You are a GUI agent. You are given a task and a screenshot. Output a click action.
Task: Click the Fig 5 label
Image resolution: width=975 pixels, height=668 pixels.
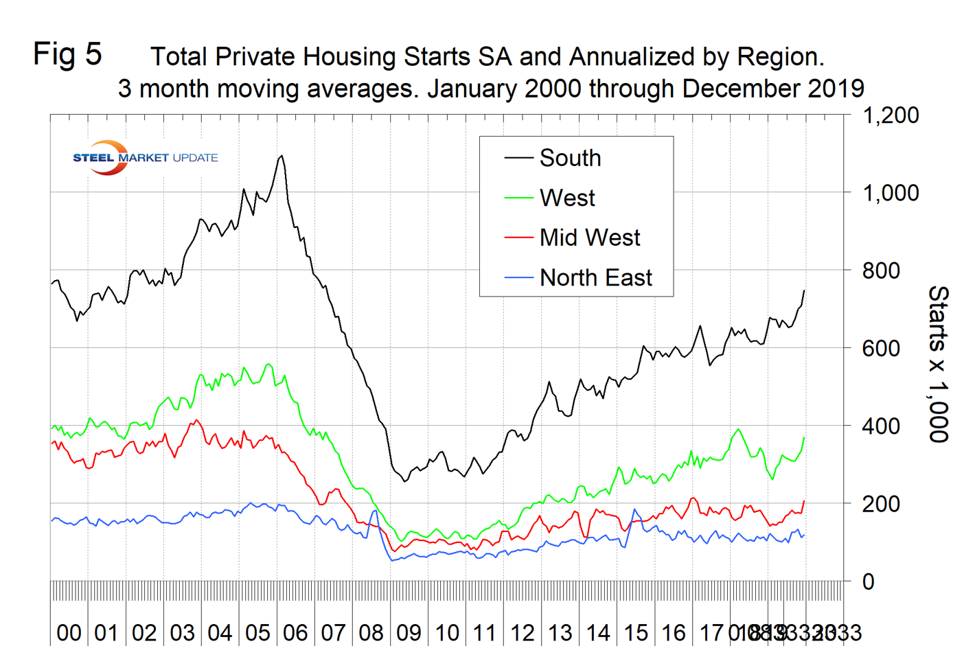(67, 54)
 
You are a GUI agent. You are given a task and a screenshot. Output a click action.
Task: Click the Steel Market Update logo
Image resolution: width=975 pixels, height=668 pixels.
(145, 158)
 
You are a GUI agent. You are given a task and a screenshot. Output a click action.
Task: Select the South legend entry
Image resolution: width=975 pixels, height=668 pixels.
(570, 159)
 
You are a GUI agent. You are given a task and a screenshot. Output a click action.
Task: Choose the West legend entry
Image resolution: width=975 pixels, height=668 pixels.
(567, 198)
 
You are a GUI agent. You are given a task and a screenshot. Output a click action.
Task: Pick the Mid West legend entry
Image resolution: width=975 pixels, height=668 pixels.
(589, 238)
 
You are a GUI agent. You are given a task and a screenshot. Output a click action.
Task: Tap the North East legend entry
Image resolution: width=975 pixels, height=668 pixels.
(595, 278)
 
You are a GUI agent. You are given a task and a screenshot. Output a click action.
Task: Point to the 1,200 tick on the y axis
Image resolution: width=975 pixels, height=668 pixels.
(890, 115)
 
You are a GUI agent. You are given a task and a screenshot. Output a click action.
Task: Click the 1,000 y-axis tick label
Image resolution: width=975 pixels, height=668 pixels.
(890, 193)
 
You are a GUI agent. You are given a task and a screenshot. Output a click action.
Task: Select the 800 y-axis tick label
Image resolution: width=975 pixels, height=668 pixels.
(881, 270)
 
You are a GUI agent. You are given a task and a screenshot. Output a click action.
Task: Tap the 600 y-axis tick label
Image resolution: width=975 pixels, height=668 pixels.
(881, 348)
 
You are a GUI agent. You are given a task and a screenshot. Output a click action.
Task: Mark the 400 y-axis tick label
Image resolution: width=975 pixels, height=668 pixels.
(881, 426)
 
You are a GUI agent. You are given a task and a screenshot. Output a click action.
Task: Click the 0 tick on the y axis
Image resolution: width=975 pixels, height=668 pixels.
(869, 581)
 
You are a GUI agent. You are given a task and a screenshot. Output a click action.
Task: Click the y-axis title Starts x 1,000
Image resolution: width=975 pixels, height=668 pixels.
(939, 364)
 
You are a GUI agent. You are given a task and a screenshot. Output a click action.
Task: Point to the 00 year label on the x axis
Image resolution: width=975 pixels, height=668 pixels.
(69, 632)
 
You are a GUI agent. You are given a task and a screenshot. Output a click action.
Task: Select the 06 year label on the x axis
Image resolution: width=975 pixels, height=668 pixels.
(295, 632)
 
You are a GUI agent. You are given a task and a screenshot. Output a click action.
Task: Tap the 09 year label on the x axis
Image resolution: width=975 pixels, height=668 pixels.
(409, 632)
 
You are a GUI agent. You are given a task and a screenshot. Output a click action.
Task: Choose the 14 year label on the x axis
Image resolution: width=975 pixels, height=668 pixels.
(598, 632)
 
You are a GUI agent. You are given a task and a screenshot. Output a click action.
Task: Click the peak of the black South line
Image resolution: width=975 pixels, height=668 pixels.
(281, 157)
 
